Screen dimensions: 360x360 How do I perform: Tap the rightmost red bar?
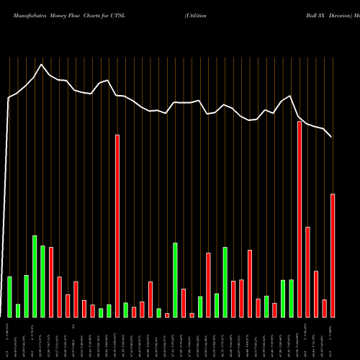333,256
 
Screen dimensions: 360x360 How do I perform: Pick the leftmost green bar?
9,297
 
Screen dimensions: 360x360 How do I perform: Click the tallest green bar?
35,276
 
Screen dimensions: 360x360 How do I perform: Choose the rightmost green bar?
291,298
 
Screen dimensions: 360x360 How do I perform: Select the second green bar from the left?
18,310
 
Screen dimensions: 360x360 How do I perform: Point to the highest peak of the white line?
42,65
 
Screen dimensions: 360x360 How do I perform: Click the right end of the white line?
332,137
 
